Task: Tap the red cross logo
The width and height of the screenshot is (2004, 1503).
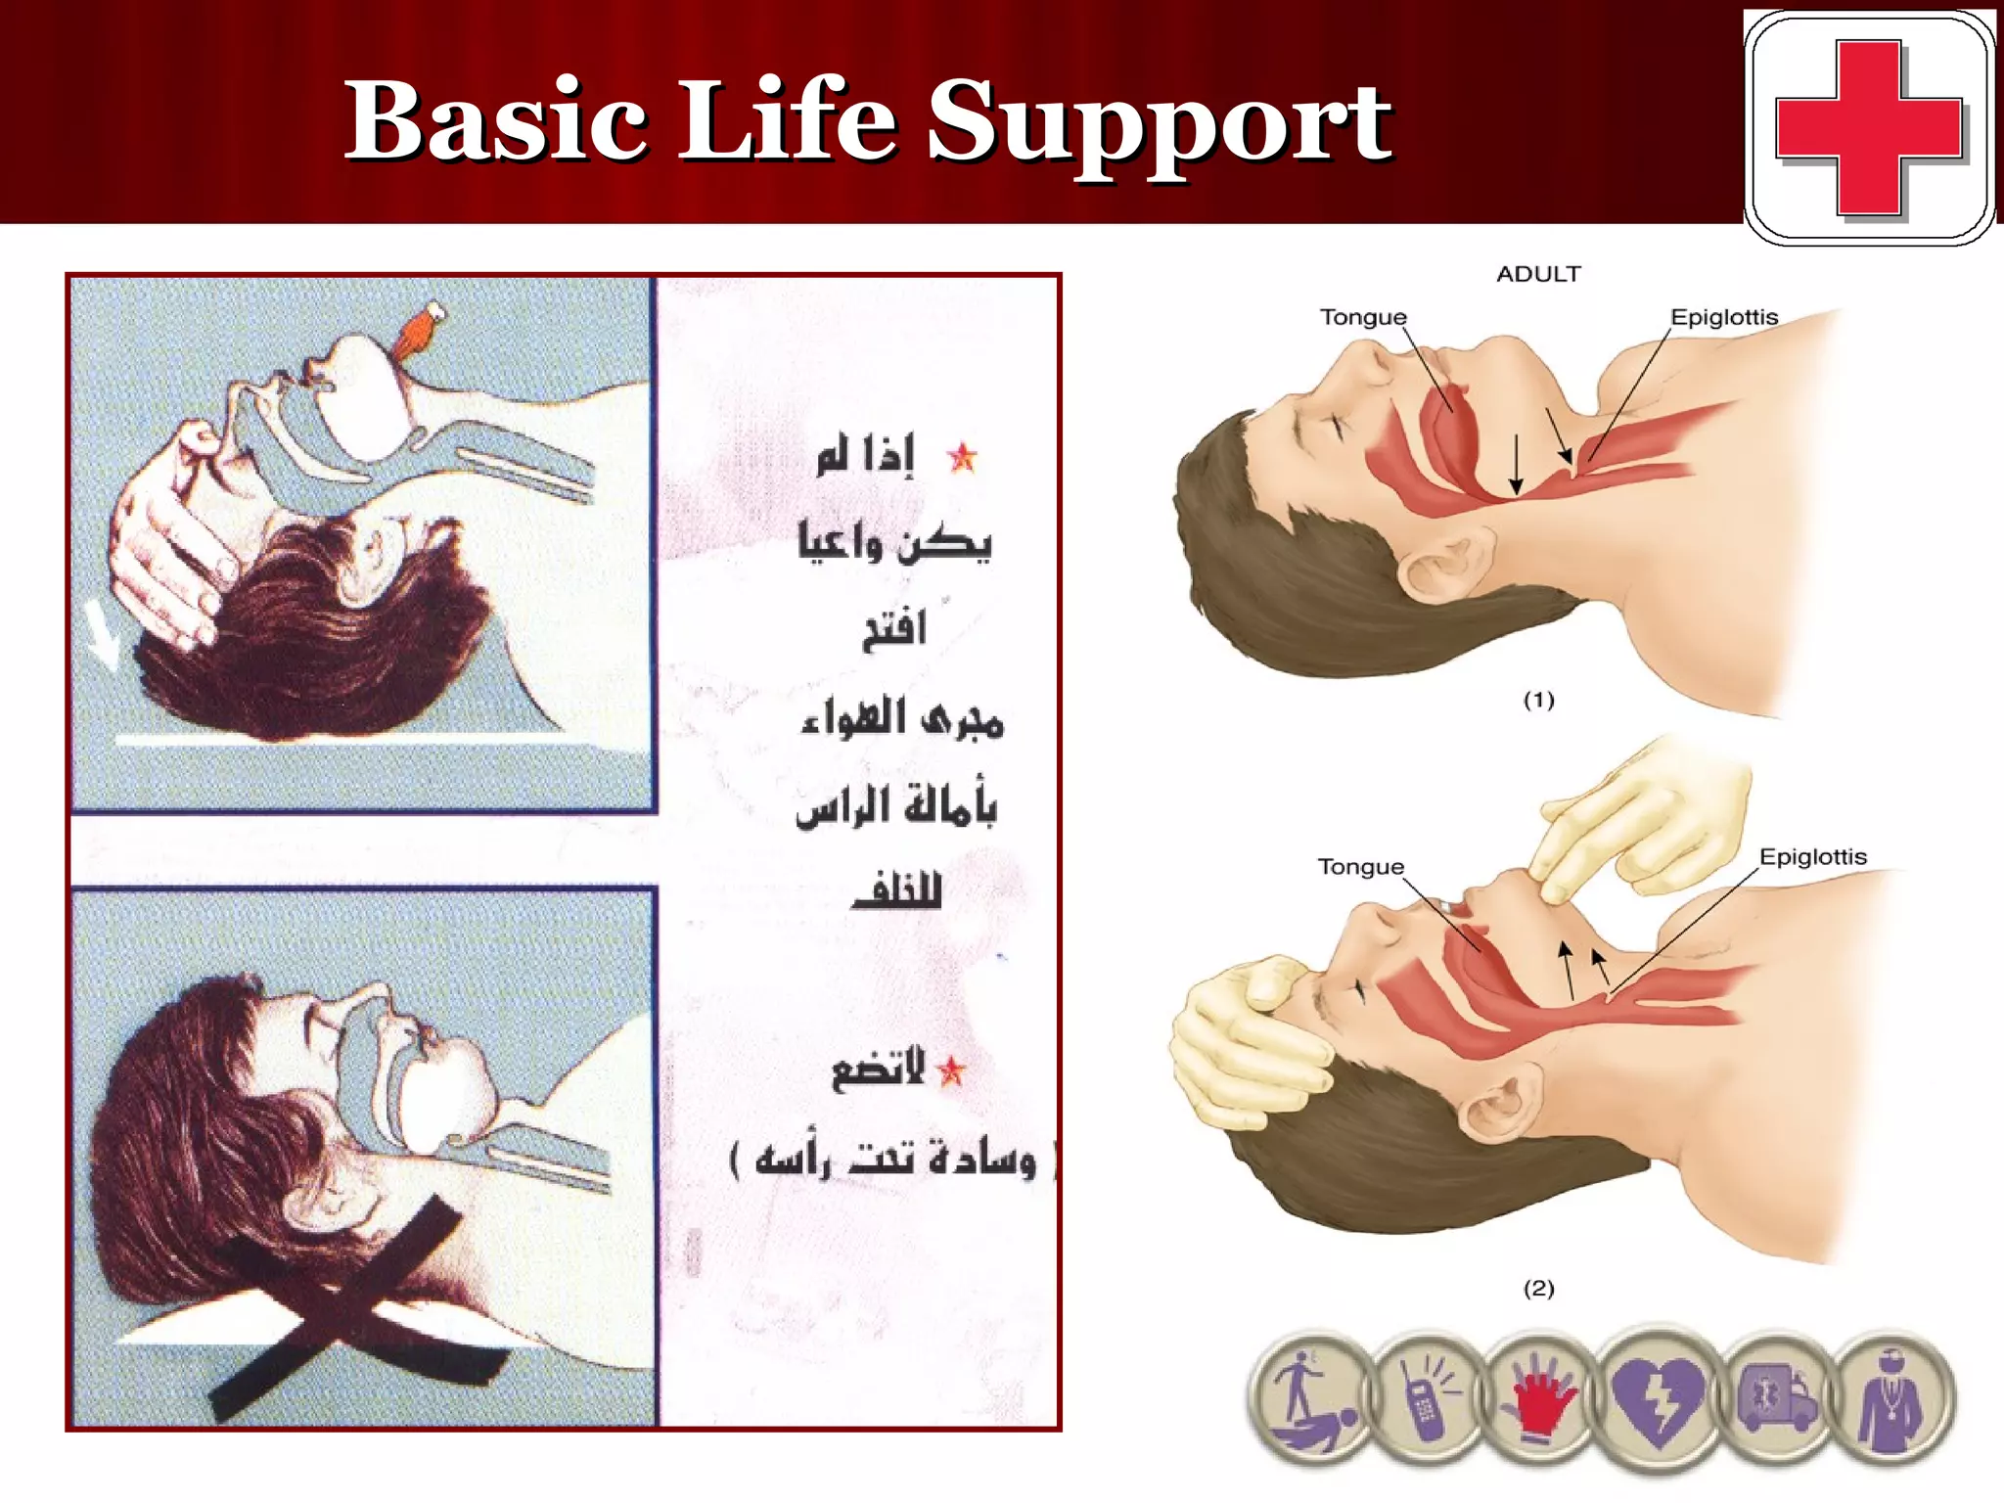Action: [1868, 127]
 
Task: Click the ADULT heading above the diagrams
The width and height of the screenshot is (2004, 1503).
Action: [1538, 274]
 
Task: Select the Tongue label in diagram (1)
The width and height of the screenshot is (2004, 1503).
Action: [1362, 317]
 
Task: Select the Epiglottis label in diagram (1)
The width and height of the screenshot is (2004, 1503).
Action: [1723, 317]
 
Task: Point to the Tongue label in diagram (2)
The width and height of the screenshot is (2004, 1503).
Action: [1360, 867]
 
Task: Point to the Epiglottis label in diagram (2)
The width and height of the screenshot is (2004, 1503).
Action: [1812, 857]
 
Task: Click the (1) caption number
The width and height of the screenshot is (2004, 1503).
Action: [1538, 700]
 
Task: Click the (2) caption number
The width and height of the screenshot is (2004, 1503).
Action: [1538, 1288]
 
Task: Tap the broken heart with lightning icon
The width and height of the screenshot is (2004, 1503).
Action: [1657, 1399]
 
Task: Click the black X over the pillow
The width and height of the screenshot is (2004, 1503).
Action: [338, 1306]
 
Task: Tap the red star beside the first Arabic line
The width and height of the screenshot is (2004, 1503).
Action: [962, 457]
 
